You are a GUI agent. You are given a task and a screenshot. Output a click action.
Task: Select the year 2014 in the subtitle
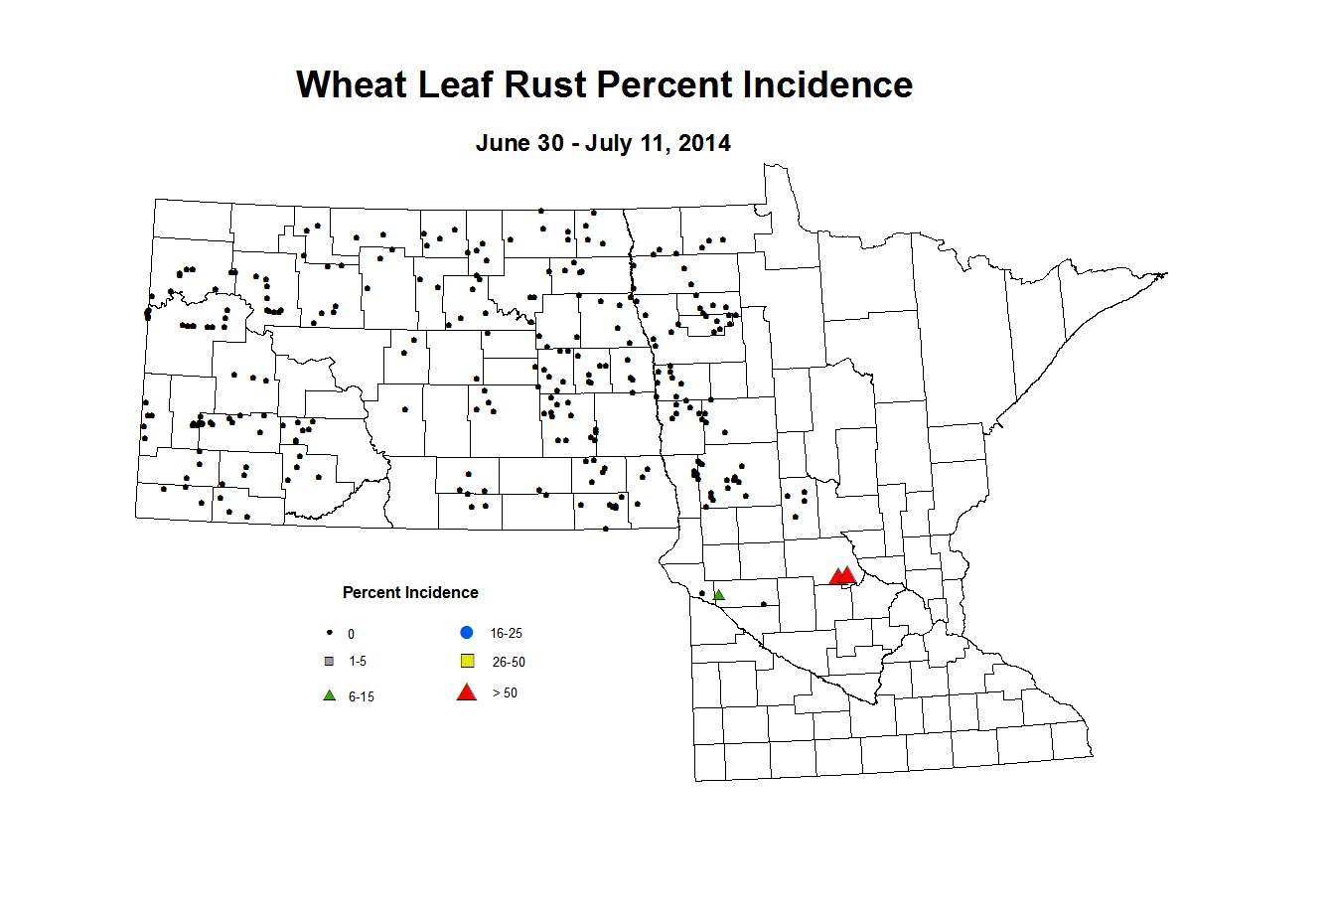point(705,143)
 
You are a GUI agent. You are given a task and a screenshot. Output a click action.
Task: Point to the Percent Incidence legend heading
point(410,593)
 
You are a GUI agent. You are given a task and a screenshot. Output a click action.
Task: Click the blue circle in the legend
point(466,632)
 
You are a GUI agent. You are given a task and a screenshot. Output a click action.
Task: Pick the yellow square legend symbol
point(467,661)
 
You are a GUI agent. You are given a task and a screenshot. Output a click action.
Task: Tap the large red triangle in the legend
point(466,692)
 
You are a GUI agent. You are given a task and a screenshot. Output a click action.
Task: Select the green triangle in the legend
point(329,695)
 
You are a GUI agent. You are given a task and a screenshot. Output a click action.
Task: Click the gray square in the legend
point(329,661)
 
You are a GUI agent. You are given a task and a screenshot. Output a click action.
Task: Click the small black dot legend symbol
point(329,633)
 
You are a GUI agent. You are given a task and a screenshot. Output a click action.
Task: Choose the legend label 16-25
point(506,633)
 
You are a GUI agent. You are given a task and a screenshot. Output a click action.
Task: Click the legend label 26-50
point(509,662)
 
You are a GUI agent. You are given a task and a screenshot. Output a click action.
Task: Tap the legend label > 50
point(505,693)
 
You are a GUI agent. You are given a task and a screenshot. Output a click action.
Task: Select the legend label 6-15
point(362,697)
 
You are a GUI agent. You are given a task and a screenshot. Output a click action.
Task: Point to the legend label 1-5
point(358,662)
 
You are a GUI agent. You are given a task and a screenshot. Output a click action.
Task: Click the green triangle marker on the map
point(719,595)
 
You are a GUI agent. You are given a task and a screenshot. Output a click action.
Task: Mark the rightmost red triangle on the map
point(847,575)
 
